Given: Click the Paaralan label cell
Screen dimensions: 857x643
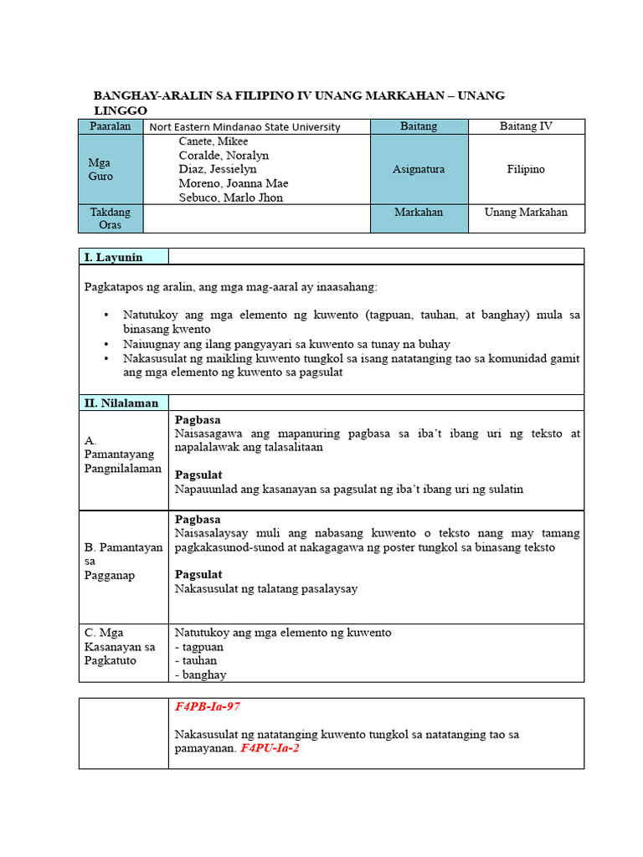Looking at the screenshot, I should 111,126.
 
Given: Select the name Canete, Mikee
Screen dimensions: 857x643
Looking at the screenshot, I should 213,141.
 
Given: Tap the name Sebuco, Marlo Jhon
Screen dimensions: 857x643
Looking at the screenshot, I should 230,198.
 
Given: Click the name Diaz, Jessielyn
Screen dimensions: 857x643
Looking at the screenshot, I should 218,169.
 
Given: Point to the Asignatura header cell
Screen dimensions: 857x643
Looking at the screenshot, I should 419,169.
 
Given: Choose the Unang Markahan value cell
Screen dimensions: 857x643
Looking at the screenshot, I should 526,212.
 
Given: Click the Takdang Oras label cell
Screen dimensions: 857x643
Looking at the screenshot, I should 111,218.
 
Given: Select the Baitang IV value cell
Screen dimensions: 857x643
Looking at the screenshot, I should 526,126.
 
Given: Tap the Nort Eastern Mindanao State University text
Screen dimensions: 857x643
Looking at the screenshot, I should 244,127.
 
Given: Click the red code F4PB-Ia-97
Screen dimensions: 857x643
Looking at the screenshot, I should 207,707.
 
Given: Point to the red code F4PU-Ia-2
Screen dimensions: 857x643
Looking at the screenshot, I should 270,748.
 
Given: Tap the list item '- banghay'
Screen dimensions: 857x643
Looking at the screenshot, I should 200,675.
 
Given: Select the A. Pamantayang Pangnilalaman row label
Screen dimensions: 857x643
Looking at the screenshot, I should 122,454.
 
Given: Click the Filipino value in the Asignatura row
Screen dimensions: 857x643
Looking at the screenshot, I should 526,169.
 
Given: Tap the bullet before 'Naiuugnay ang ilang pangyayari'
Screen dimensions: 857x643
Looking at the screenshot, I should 106,344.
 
